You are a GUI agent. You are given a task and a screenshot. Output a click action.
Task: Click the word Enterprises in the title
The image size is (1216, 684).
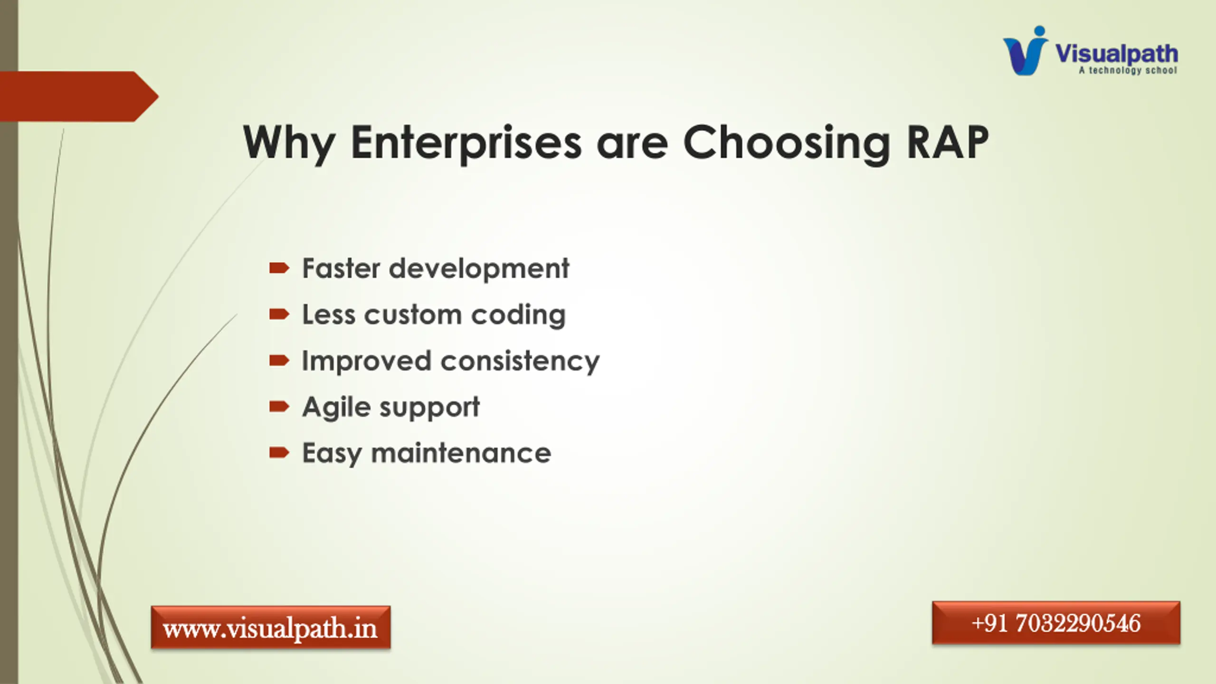[466, 142]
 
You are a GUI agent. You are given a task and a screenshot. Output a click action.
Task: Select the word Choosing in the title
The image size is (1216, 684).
[786, 142]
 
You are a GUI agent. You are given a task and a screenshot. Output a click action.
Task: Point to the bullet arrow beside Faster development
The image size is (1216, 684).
[279, 268]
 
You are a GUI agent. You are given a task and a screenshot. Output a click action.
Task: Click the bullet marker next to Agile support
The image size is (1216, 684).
[279, 406]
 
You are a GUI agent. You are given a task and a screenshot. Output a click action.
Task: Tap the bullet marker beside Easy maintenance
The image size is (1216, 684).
[279, 452]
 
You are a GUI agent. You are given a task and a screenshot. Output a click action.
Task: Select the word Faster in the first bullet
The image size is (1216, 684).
[342, 268]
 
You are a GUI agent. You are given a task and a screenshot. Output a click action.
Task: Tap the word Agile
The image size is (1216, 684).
[336, 408]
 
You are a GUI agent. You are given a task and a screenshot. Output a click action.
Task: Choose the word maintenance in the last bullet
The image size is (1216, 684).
[461, 453]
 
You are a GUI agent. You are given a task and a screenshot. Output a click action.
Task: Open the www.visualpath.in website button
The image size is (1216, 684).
[271, 627]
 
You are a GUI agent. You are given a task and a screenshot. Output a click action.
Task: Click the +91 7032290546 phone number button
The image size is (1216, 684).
[1056, 623]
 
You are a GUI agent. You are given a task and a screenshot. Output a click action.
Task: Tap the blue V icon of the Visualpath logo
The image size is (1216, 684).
[1025, 51]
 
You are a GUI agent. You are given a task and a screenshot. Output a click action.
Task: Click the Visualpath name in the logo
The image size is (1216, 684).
[1116, 53]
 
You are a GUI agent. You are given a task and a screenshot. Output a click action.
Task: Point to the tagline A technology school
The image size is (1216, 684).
[1128, 70]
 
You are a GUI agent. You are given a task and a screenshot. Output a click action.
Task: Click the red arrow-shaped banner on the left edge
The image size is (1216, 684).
[79, 96]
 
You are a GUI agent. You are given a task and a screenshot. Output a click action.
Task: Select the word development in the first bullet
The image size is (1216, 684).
[479, 268]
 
